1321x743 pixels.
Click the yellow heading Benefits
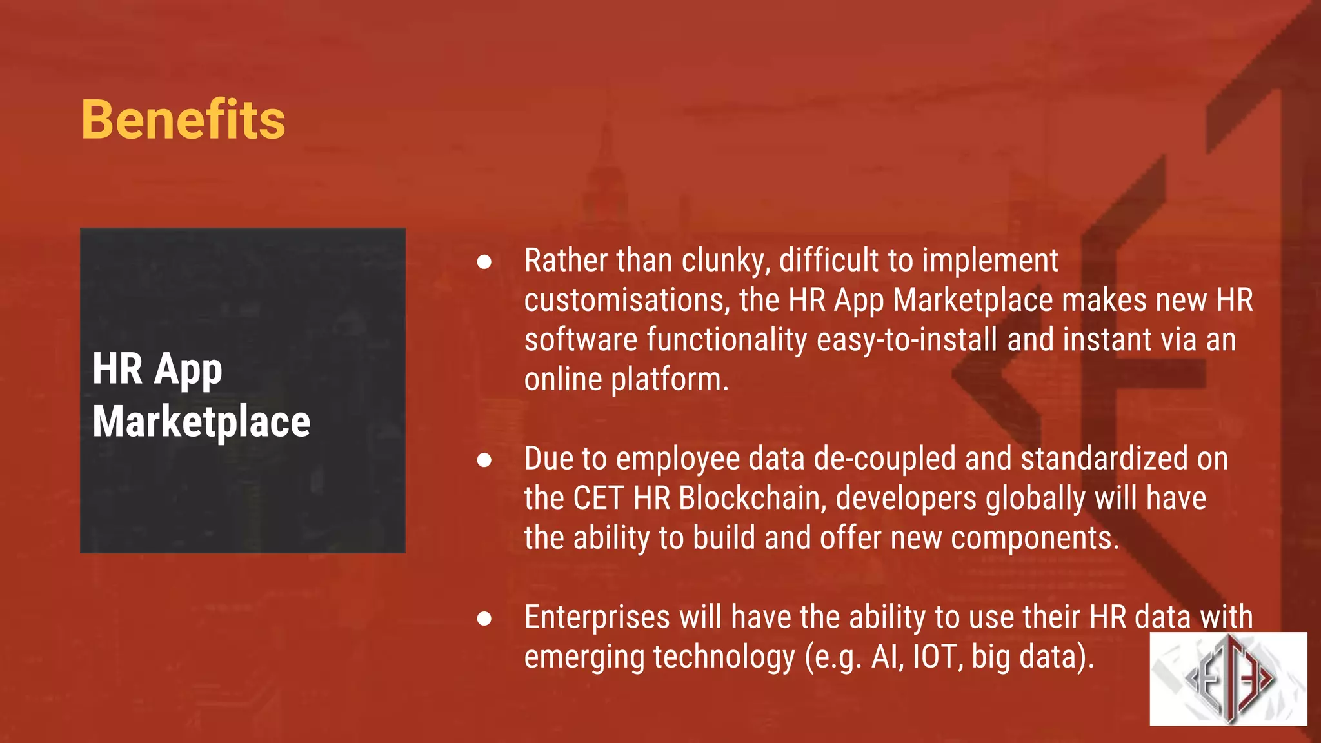(183, 120)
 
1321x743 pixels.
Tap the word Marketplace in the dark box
(201, 422)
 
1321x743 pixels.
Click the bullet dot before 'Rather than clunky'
(484, 261)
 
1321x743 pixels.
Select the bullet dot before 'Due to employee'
(484, 460)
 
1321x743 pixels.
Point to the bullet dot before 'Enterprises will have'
(484, 619)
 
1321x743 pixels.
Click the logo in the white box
(1228, 679)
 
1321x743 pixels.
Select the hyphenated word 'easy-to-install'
(907, 340)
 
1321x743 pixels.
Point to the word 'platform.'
(670, 380)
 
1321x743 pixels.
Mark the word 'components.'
(1035, 539)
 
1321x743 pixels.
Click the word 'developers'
(906, 499)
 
